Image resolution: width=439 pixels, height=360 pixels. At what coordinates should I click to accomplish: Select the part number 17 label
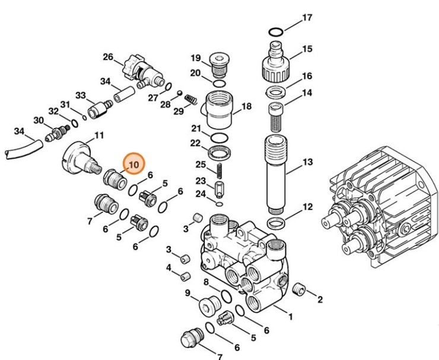pyautogui.click(x=307, y=18)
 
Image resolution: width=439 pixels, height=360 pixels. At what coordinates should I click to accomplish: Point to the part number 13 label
pyautogui.click(x=307, y=163)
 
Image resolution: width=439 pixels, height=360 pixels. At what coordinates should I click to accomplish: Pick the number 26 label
pyautogui.click(x=107, y=57)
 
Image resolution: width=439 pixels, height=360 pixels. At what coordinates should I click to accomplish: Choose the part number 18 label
pyautogui.click(x=246, y=106)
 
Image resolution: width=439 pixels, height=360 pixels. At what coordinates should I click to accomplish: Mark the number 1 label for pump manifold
pyautogui.click(x=291, y=317)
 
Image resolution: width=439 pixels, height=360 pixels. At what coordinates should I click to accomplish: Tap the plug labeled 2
pyautogui.click(x=299, y=289)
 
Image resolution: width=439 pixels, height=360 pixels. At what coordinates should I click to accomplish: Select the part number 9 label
pyautogui.click(x=187, y=292)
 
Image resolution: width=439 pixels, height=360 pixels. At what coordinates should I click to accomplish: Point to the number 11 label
pyautogui.click(x=99, y=135)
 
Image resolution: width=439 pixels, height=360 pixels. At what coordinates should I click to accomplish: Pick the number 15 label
pyautogui.click(x=307, y=49)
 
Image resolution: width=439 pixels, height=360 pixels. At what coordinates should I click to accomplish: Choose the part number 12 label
pyautogui.click(x=307, y=207)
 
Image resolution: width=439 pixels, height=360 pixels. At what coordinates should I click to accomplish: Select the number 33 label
pyautogui.click(x=81, y=95)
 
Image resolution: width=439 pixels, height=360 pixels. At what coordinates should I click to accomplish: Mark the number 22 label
pyautogui.click(x=195, y=143)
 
